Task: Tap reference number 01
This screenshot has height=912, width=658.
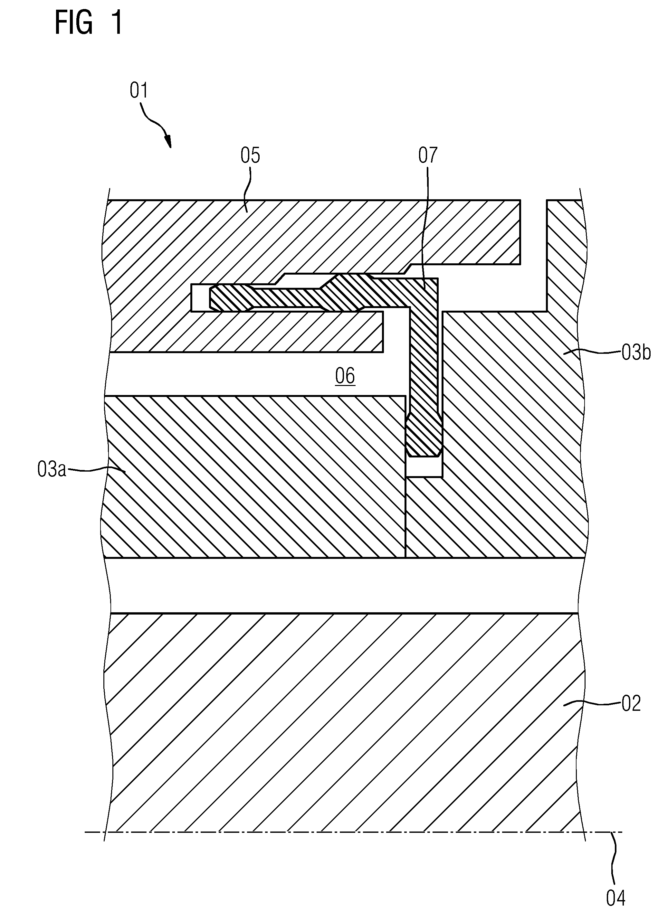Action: click(x=139, y=91)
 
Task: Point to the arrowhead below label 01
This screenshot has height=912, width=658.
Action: click(x=168, y=142)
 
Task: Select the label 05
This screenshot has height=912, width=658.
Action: click(x=250, y=155)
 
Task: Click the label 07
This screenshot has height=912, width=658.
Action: click(x=428, y=155)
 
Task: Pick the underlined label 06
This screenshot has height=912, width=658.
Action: click(x=345, y=376)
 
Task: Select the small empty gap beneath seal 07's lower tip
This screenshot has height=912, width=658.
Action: click(x=424, y=466)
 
